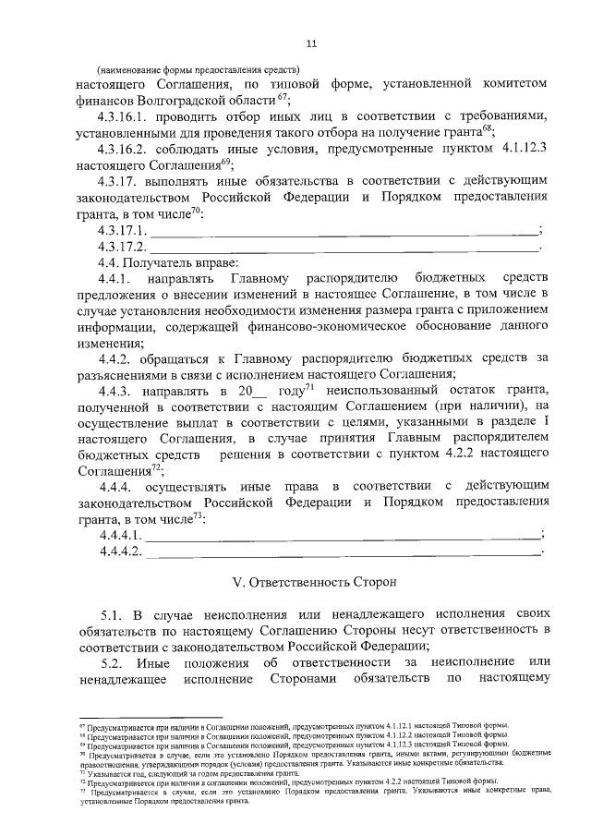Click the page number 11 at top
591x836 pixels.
[x=311, y=42]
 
